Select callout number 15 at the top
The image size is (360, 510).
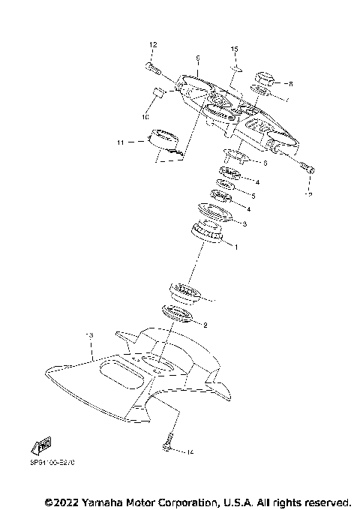click(x=233, y=49)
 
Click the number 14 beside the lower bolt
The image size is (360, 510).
click(x=190, y=452)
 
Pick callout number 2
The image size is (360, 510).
click(x=205, y=324)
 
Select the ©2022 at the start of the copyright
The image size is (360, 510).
click(x=64, y=500)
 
